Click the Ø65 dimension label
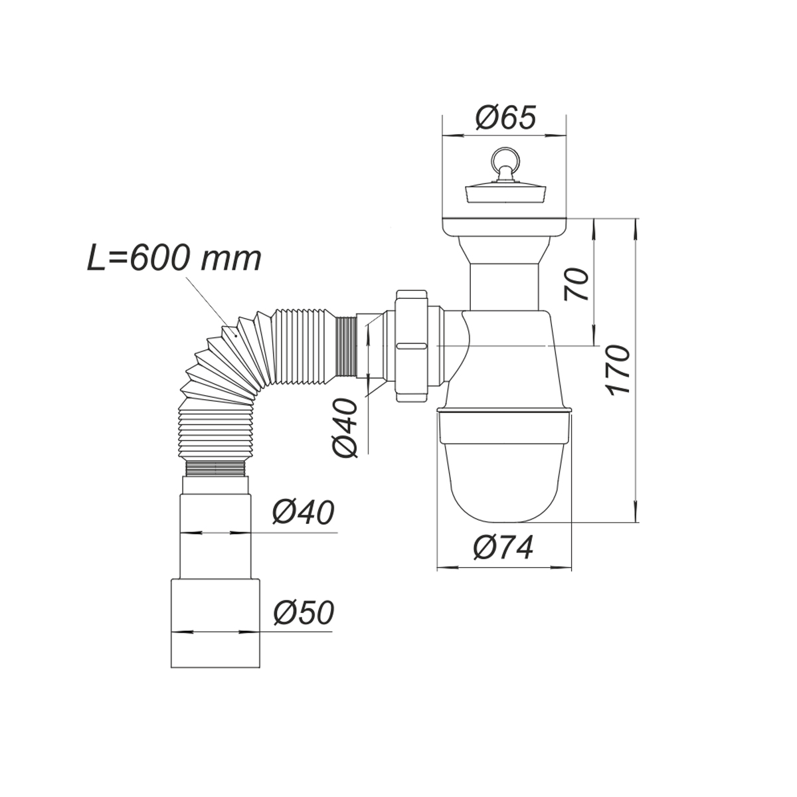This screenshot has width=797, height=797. click(x=505, y=118)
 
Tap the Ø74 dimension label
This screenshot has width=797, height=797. click(x=503, y=547)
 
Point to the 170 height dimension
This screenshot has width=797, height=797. click(x=618, y=369)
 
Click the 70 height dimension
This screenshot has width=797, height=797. click(x=576, y=284)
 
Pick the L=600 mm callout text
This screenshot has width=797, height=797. click(x=175, y=259)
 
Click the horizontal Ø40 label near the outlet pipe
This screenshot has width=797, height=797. click(x=303, y=513)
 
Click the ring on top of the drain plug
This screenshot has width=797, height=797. click(x=503, y=159)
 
